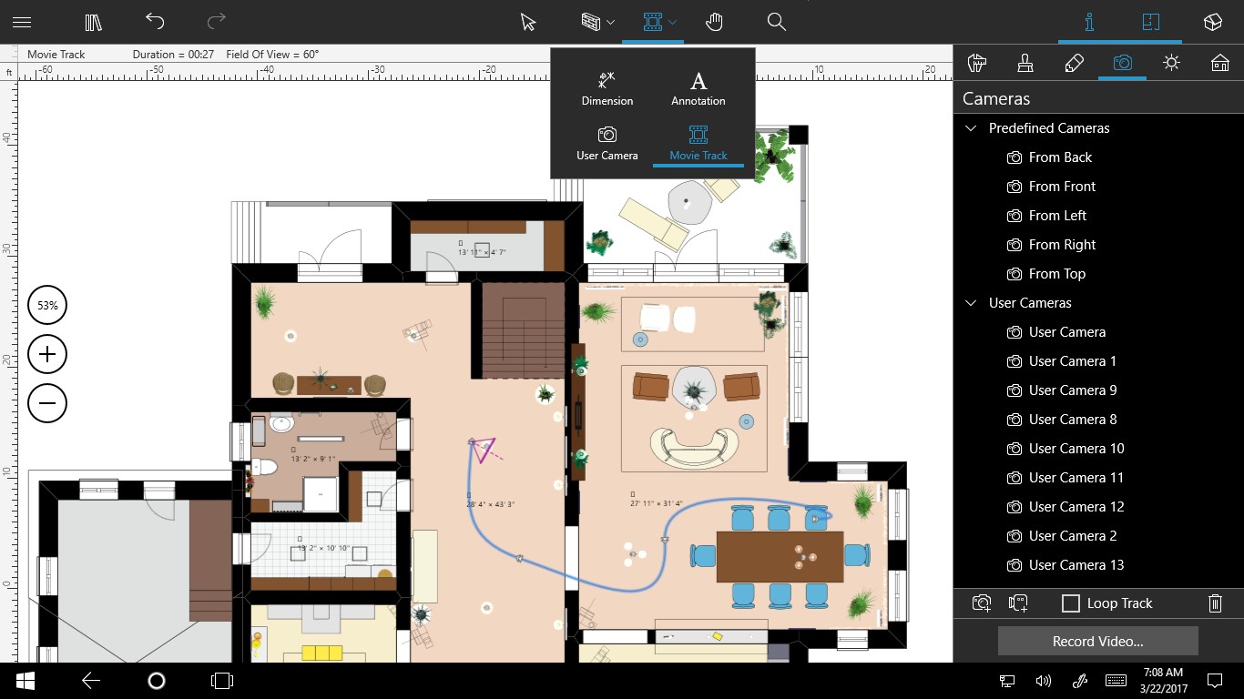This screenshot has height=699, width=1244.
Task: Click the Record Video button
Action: [x=1097, y=641]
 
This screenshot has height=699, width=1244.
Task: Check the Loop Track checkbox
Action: [x=1072, y=603]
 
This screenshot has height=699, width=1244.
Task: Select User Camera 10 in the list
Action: [x=1076, y=449]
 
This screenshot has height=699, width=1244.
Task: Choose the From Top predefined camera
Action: [x=1056, y=274]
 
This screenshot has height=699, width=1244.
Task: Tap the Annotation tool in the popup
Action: [x=698, y=89]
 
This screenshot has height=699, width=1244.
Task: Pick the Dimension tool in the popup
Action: [x=607, y=89]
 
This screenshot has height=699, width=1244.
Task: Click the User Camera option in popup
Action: [x=607, y=144]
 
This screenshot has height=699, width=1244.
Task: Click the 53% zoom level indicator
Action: [x=47, y=306]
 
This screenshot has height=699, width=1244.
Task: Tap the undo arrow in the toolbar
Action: [x=156, y=22]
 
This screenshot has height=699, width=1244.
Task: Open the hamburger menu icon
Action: [x=22, y=22]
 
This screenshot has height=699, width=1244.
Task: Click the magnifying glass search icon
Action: [x=776, y=22]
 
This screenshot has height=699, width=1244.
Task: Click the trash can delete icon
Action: [x=1214, y=603]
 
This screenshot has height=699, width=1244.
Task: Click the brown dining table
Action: [x=779, y=556]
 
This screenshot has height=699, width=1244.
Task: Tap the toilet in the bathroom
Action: [x=264, y=467]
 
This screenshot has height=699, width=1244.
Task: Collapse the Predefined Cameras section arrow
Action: [x=971, y=128]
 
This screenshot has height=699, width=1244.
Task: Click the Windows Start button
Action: [x=25, y=680]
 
